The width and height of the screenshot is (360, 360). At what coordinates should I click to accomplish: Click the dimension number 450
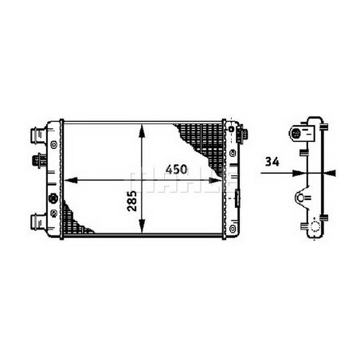pos(178,169)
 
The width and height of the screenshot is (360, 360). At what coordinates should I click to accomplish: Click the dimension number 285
pos(131,199)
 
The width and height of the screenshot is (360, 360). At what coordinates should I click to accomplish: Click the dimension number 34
pos(272,162)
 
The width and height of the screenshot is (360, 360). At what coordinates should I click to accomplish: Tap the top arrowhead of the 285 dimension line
pos(142,127)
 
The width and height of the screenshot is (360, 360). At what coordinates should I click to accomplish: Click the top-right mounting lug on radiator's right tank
pos(232,127)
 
